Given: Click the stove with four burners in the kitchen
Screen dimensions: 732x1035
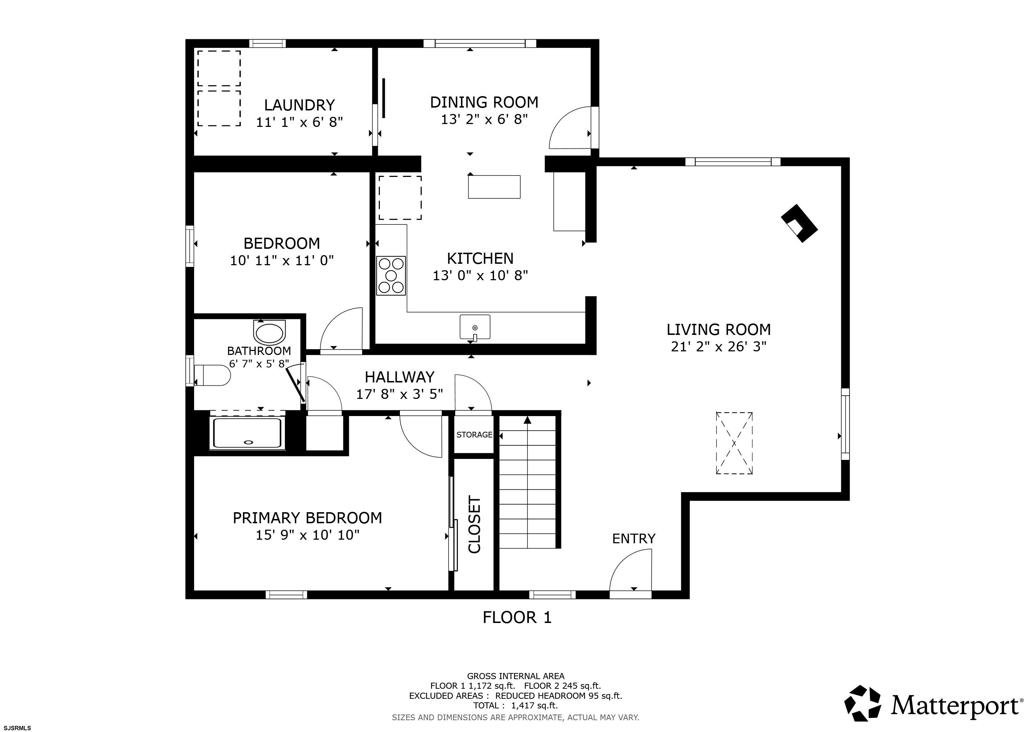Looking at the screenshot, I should [391, 276].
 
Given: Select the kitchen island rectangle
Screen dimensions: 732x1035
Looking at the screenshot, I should [494, 187].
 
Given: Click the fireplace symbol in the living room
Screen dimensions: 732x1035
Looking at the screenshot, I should [799, 223].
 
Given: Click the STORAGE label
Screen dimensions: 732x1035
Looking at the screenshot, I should [474, 435].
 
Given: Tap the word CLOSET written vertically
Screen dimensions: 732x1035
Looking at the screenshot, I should [475, 525].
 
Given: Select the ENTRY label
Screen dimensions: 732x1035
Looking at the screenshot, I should [633, 539].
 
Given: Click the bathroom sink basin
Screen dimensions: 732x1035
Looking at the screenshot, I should [269, 333].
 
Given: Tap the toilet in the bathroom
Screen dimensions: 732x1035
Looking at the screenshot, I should [212, 375].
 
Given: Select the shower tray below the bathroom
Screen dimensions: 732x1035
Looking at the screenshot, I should [247, 433].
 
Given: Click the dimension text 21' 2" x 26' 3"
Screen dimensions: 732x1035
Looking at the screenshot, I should [719, 347].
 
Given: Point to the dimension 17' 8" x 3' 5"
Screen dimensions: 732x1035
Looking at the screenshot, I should [400, 394].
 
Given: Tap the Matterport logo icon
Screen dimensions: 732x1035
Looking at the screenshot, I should [862, 703].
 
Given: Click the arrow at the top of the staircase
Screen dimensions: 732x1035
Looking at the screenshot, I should [528, 420].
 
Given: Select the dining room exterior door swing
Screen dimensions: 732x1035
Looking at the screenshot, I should [570, 128].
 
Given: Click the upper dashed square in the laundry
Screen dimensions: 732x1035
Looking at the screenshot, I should [219, 68].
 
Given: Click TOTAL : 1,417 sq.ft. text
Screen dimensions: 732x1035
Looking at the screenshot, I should [515, 706].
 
